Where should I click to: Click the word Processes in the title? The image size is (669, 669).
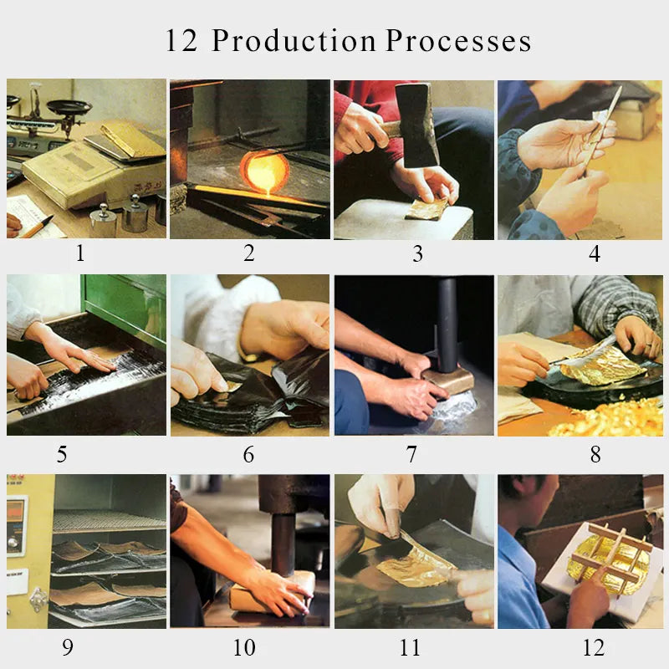pos(458,41)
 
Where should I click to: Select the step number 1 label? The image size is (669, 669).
pos(80,253)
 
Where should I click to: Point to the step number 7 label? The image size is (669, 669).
pos(411,454)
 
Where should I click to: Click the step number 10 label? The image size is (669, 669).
pos(248,648)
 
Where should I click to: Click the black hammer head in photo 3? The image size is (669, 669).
pos(421,125)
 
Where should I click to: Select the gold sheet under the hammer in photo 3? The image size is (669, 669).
pos(428,210)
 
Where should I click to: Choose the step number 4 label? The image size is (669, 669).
pos(594,253)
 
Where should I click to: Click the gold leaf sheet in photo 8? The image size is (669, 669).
pos(600,361)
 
